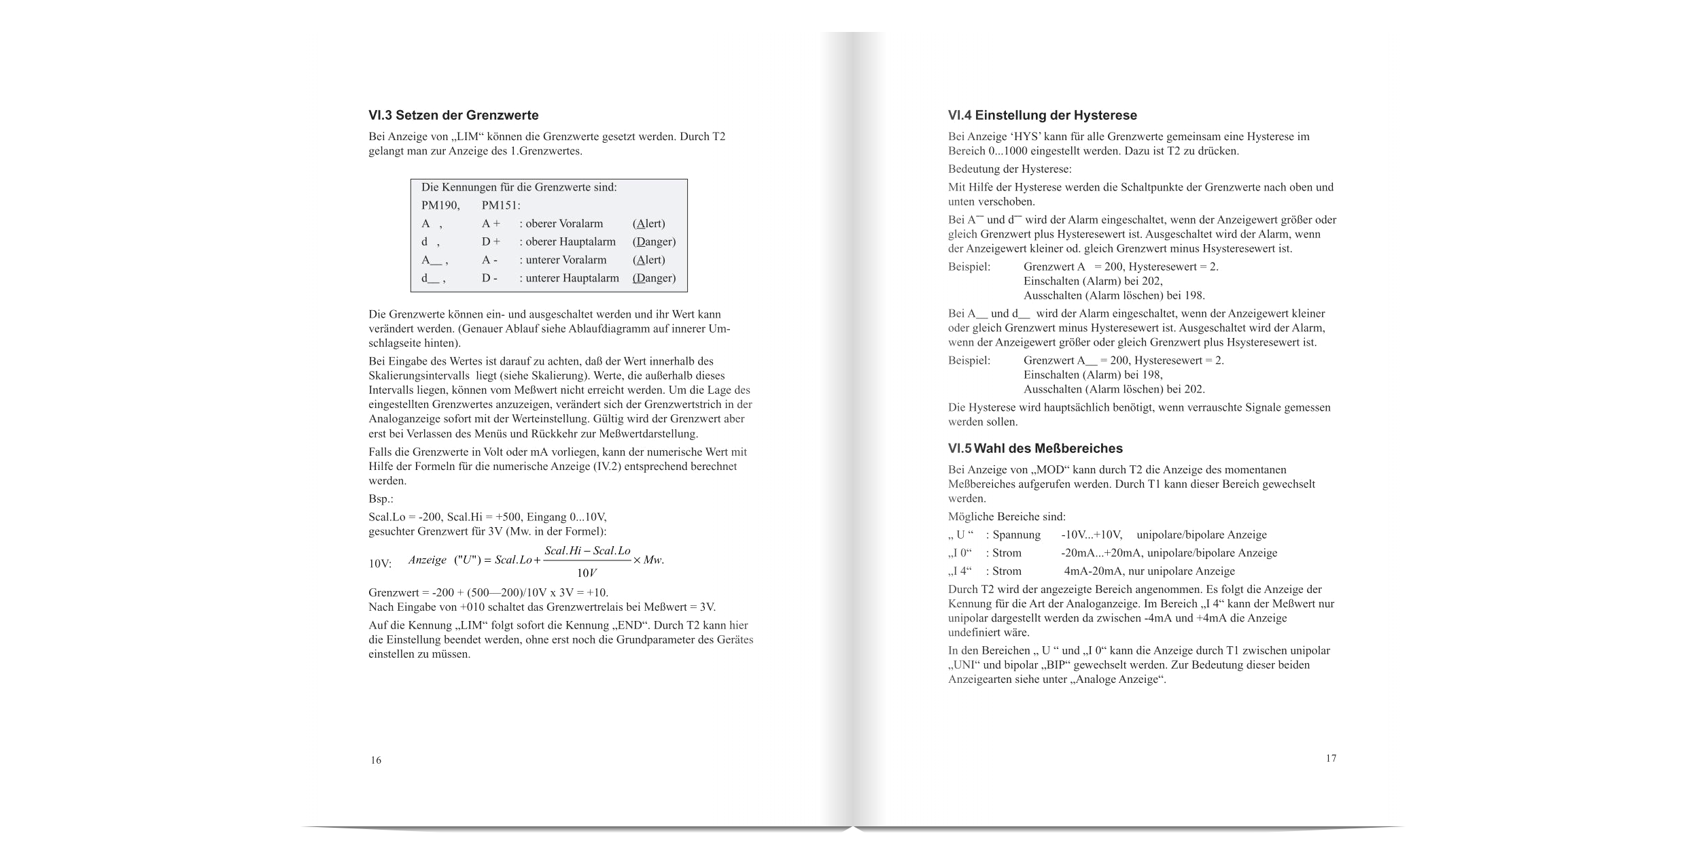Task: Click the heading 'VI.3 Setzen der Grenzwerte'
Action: (x=453, y=116)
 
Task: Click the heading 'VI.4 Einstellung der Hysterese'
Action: (x=1042, y=116)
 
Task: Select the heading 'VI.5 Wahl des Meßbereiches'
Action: (x=1035, y=449)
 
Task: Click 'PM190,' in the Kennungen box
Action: (x=440, y=205)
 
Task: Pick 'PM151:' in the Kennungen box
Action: (x=501, y=205)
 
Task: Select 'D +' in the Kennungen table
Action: (x=491, y=241)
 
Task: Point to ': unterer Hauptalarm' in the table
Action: (x=569, y=278)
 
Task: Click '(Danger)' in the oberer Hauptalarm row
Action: (x=654, y=241)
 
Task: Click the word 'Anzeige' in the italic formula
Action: (x=427, y=560)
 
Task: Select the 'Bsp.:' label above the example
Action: (x=381, y=499)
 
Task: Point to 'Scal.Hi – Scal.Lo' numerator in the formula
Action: (x=587, y=550)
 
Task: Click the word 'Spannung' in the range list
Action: (x=1016, y=535)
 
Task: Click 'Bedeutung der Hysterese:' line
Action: (x=1009, y=169)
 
